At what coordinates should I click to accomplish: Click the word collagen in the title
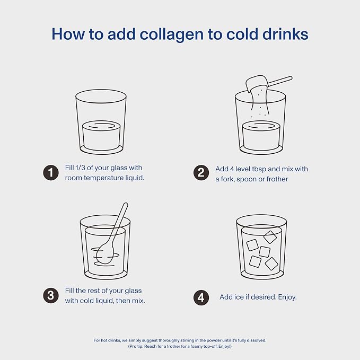point(172,34)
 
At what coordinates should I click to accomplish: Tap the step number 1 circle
point(51,173)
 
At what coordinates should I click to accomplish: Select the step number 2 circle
point(201,173)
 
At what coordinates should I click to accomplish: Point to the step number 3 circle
point(51,296)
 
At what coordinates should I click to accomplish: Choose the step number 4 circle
point(201,297)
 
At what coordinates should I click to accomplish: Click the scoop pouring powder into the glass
point(255,84)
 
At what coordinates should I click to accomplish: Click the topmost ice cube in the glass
point(270,237)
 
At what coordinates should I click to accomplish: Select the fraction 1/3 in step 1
point(80,168)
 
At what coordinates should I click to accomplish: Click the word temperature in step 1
point(104,178)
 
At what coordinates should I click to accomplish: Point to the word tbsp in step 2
point(259,169)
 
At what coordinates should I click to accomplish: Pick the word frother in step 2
point(277,179)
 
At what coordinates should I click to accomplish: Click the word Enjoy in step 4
point(287,297)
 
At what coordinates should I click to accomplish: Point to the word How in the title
point(68,34)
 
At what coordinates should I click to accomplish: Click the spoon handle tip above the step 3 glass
point(125,205)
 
